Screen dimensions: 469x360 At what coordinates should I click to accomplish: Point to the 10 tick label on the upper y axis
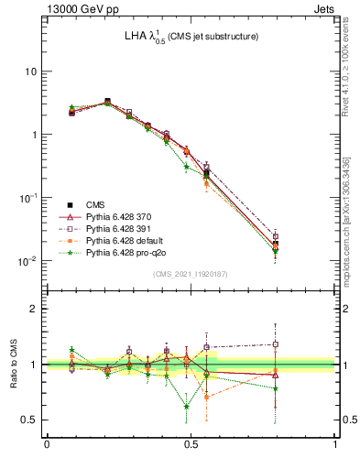(x=30, y=71)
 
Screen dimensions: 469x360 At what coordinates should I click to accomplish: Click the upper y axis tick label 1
(x=34, y=135)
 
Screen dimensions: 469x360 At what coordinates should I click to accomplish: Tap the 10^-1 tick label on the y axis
(x=28, y=198)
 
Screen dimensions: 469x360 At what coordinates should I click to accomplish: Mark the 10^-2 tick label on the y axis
(x=28, y=261)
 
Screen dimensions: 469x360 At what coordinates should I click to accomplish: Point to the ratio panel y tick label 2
(x=34, y=309)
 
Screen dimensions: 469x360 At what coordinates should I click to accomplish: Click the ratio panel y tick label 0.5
(x=30, y=420)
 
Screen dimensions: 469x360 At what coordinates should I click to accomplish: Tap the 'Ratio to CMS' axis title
(x=14, y=364)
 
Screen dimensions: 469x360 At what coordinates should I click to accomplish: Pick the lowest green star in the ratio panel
(x=186, y=406)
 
